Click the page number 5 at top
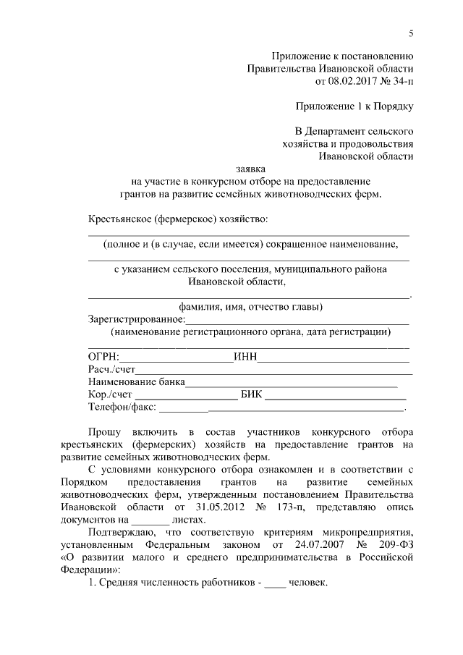pyautogui.click(x=410, y=33)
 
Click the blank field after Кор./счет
pyautogui.click(x=186, y=395)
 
